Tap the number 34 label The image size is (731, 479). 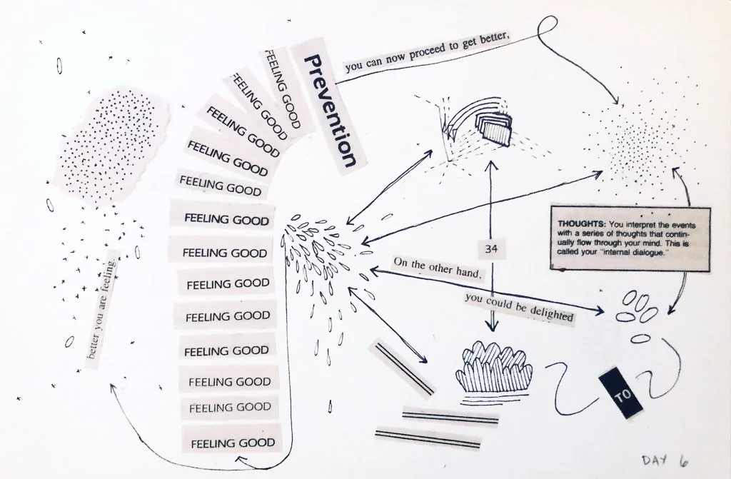(x=490, y=249)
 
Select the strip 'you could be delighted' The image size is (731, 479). (x=518, y=306)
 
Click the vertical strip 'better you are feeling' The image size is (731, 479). (x=100, y=310)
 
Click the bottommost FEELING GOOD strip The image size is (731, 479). (x=232, y=442)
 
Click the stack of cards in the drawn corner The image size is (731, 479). (x=494, y=128)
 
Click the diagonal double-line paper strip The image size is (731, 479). (x=401, y=368)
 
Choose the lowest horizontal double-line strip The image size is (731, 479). (x=418, y=436)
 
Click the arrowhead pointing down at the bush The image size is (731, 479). (x=491, y=327)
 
